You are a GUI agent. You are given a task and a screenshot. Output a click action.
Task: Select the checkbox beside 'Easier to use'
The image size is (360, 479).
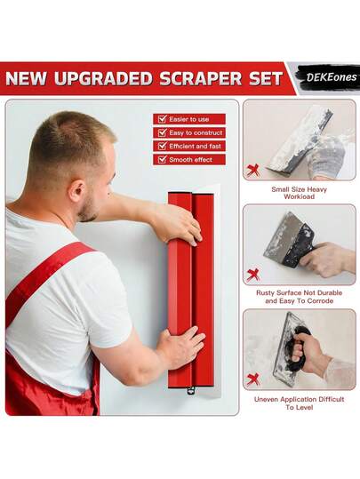[x=161, y=119]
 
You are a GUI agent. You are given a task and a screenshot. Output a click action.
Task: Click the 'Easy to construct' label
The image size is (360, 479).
[x=196, y=132]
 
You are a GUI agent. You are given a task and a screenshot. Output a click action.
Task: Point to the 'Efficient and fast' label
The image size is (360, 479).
[x=196, y=146]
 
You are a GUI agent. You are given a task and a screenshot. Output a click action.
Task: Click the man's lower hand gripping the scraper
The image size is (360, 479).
[x=180, y=346]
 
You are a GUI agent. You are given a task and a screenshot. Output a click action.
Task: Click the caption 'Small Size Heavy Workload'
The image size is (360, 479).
[x=299, y=193]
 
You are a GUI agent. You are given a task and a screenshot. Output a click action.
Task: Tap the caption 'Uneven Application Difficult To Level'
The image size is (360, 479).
[x=299, y=403]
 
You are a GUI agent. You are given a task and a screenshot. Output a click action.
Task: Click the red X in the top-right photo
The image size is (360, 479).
[x=253, y=170]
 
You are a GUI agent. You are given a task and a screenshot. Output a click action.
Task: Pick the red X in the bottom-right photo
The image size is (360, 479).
[x=253, y=379]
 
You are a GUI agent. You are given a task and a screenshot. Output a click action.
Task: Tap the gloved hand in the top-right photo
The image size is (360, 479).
[x=327, y=156]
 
